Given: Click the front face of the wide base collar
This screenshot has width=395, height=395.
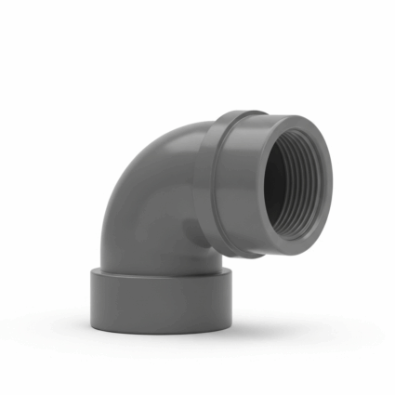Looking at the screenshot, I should coord(158,302).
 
